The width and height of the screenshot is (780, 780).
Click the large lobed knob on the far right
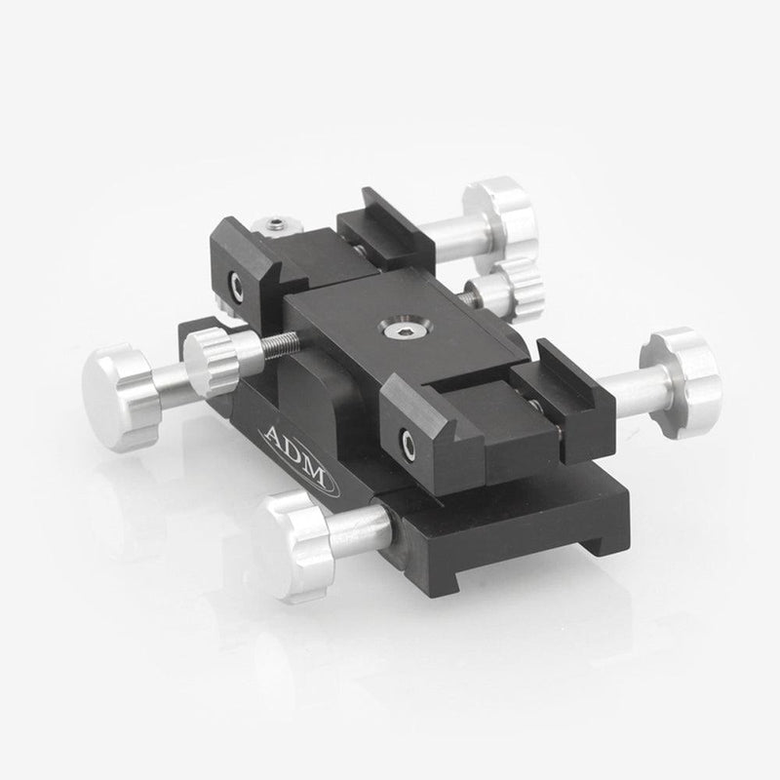coord(684,381)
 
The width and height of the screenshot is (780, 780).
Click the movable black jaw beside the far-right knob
coord(561,400)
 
